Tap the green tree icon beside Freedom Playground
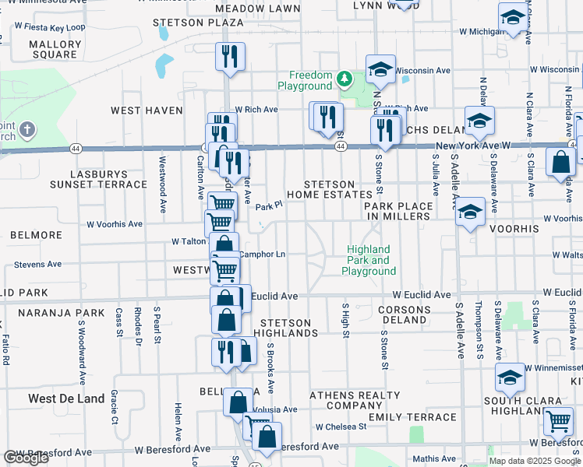point(344,79)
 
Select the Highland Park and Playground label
point(369,261)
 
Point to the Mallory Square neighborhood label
point(55,50)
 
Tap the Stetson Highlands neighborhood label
point(289,328)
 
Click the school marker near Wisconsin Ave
point(381,71)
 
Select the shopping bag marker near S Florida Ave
point(561,163)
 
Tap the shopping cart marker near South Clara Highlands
point(558,421)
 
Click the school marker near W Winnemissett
point(510,377)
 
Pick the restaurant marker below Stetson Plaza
point(230,57)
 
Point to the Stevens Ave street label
point(37,265)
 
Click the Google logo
point(26,458)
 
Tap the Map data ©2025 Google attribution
point(534,461)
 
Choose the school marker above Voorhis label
point(470,212)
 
